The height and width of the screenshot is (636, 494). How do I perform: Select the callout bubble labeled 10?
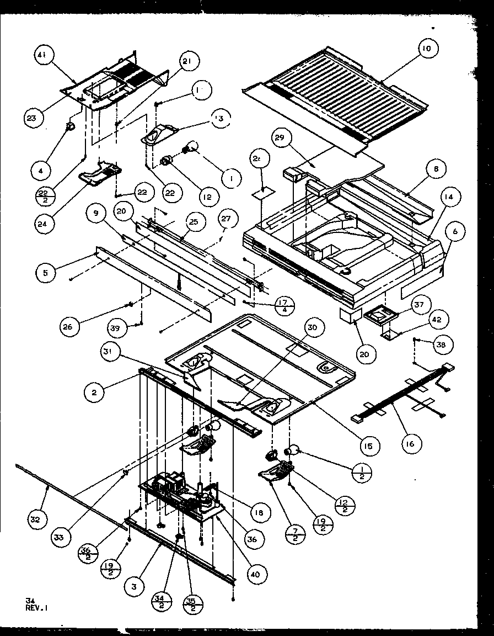point(427,49)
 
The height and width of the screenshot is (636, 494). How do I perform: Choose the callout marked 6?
point(455,232)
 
